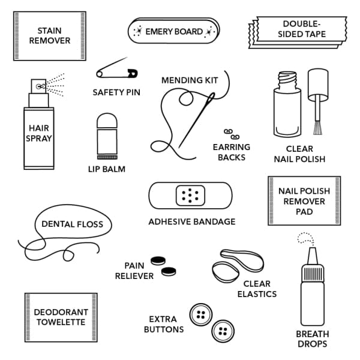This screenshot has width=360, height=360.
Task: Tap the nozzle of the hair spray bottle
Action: (x=38, y=86)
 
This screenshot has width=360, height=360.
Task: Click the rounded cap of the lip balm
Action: (x=107, y=121)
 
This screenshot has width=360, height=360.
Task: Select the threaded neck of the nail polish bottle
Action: (x=287, y=80)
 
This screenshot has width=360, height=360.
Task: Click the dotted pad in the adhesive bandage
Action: (x=190, y=196)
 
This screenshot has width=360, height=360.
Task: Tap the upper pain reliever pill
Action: (x=158, y=260)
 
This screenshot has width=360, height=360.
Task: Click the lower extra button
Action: (x=223, y=331)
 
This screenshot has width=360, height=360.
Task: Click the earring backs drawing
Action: (x=232, y=134)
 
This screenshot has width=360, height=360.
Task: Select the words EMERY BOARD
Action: (x=174, y=31)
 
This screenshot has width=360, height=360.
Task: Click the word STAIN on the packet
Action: (x=49, y=31)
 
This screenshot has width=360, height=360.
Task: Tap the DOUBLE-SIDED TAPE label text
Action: (x=302, y=29)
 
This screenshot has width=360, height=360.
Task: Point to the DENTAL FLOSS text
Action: (x=73, y=224)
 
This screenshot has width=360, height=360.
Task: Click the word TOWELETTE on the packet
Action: (x=61, y=322)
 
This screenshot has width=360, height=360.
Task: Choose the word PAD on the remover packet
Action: (x=304, y=211)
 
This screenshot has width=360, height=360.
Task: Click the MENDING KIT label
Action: (x=190, y=80)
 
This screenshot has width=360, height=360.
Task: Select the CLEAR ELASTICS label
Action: (x=257, y=289)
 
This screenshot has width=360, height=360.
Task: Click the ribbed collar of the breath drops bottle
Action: (x=313, y=273)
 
